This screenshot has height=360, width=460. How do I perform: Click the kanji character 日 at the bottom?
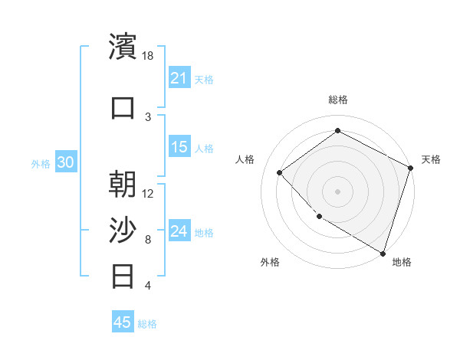click(123, 275)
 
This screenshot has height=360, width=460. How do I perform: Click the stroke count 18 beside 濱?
click(148, 55)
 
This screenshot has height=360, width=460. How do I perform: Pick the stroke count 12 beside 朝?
click(148, 193)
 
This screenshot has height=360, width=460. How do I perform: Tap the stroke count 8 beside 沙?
click(148, 239)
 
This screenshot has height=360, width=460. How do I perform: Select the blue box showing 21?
click(179, 78)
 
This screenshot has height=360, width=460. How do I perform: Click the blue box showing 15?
click(179, 147)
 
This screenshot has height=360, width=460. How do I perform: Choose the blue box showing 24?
click(179, 231)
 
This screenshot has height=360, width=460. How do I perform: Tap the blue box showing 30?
click(65, 162)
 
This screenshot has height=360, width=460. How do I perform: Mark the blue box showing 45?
click(123, 322)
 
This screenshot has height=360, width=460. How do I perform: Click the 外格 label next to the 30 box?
click(41, 163)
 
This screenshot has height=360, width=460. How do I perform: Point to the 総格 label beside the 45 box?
click(147, 324)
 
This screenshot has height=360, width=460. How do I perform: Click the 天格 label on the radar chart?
click(431, 159)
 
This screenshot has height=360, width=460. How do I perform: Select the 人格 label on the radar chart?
click(245, 159)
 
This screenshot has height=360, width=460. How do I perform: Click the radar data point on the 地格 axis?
click(383, 253)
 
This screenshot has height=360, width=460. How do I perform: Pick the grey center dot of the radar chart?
click(337, 191)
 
